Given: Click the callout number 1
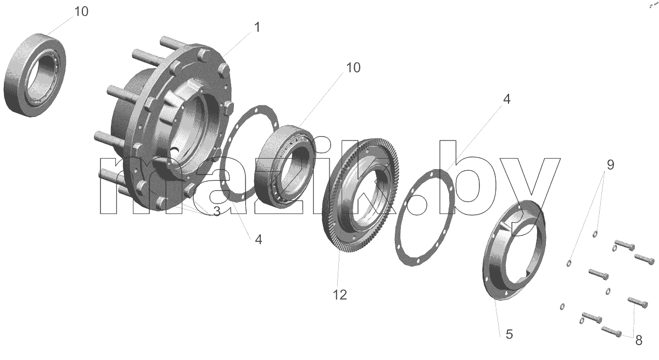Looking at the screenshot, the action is click(x=257, y=27).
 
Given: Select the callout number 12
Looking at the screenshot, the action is click(x=340, y=295).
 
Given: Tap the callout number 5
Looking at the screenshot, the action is click(x=509, y=334).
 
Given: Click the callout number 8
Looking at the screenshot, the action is click(x=639, y=340).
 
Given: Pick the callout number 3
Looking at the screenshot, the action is click(x=217, y=211).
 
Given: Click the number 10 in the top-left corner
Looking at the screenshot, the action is click(x=81, y=12).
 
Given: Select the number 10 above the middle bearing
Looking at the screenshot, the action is click(x=353, y=67).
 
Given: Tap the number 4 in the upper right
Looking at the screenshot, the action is click(x=506, y=99).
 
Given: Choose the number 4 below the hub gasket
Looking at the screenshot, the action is click(x=258, y=240).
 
